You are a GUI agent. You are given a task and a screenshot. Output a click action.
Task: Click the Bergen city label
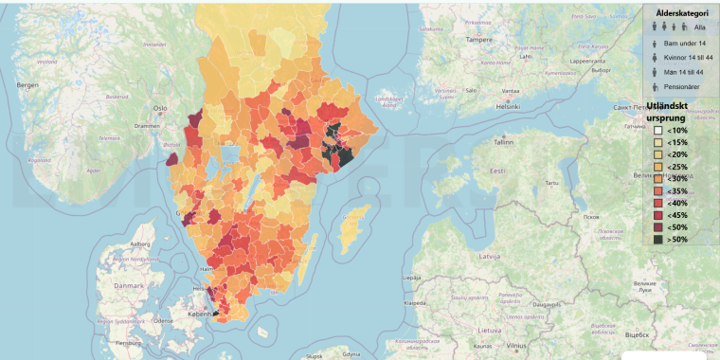[26, 85]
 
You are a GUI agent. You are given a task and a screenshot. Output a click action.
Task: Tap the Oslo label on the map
[160, 107]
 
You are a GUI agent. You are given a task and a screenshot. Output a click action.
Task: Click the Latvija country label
[490, 256]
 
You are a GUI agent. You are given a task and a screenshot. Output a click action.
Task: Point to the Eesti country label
[497, 170]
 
